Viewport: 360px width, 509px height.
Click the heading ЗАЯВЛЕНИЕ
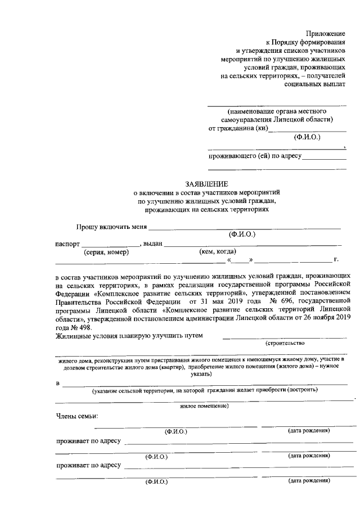point(206,184)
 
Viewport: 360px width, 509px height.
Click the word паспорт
point(67,244)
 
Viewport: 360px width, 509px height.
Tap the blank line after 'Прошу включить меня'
point(244,227)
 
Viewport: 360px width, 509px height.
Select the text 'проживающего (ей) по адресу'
point(255,155)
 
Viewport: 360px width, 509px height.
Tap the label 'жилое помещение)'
point(204,406)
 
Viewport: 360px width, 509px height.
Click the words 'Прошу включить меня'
point(111,227)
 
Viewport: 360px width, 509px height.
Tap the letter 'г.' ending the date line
point(336,260)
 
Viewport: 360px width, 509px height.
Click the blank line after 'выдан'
point(253,244)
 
